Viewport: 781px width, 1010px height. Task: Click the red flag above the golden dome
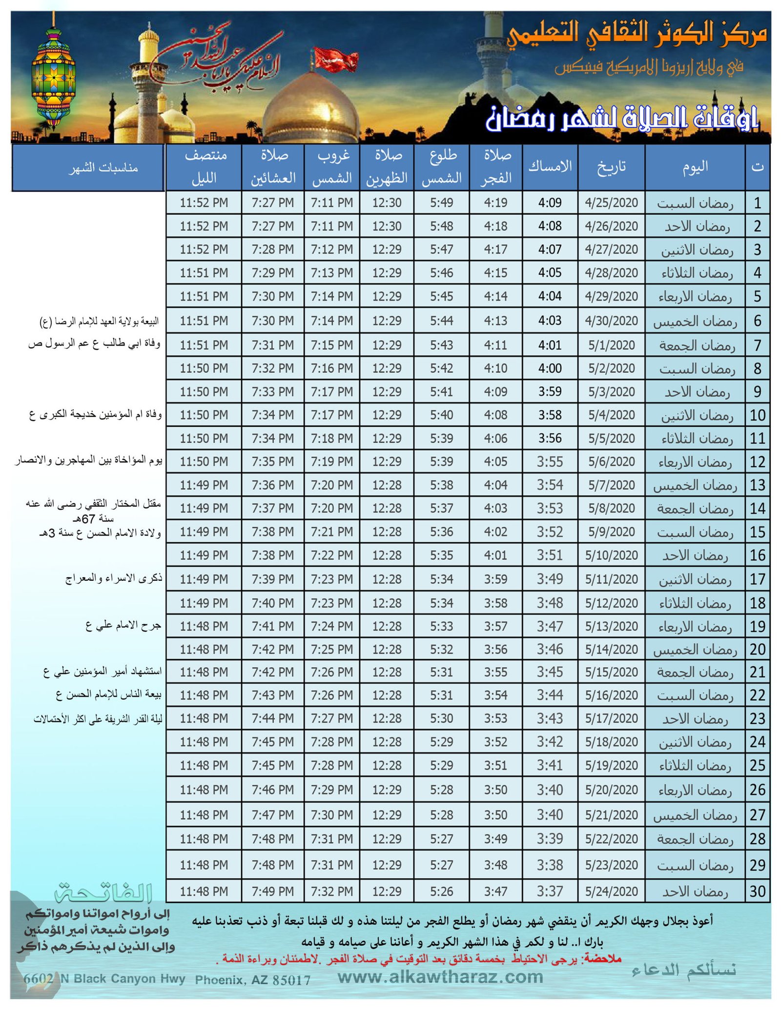336,59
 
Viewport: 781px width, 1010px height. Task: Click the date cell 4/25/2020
611,202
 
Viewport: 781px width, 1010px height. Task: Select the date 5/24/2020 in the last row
611,891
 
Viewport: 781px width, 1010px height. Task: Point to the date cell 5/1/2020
611,345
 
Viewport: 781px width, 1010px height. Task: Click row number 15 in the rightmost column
757,532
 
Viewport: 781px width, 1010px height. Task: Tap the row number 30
757,891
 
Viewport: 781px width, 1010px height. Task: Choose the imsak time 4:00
550,368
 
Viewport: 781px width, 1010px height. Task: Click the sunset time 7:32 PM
331,891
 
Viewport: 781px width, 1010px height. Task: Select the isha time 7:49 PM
272,891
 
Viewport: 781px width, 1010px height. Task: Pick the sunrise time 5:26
441,891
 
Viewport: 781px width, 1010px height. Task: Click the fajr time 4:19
495,202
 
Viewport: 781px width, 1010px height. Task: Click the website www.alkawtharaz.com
440,977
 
